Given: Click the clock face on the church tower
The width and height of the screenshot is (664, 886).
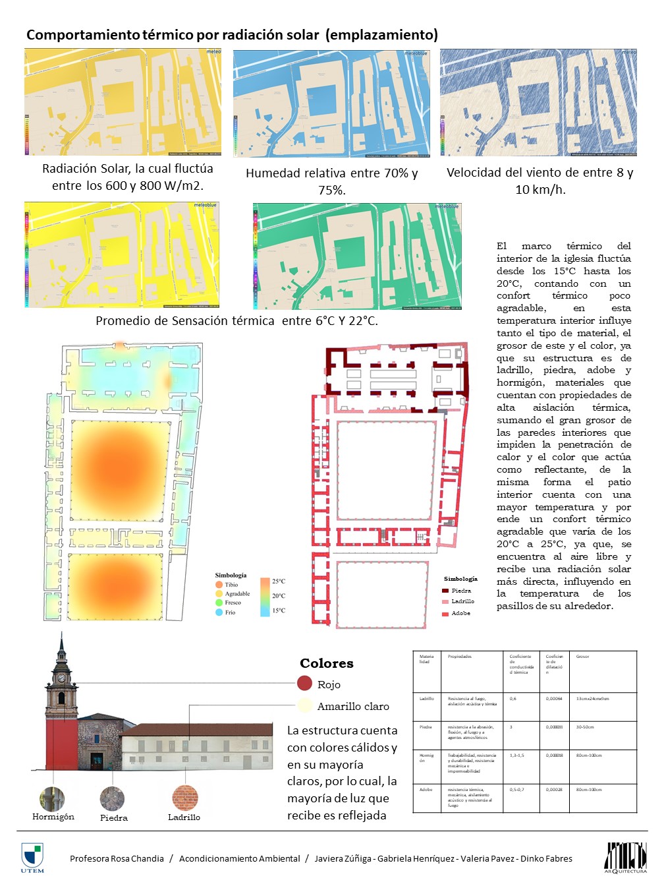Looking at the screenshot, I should [61, 677].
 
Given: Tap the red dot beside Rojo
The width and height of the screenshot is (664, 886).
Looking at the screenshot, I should [304, 684].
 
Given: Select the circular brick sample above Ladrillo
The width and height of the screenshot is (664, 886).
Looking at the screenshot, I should [184, 798].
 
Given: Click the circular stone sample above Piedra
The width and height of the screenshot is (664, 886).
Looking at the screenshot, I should [112, 799].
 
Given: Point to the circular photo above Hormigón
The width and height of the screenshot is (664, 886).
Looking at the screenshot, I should [52, 799].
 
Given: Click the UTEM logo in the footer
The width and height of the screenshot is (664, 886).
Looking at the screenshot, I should [32, 856].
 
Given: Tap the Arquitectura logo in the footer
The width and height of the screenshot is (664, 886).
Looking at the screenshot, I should [626, 857].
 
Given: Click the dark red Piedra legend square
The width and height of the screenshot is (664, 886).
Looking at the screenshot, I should [445, 591].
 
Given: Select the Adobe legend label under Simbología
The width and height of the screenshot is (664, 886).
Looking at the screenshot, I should [461, 613].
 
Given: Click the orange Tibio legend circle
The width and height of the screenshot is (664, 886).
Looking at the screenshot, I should [219, 585].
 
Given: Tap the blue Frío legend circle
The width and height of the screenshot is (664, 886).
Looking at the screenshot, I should [219, 612].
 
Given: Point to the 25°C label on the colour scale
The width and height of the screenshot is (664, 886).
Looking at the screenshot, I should [279, 581].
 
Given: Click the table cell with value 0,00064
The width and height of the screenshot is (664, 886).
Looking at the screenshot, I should [554, 699].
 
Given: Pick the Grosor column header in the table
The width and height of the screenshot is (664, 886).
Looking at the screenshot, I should [583, 657].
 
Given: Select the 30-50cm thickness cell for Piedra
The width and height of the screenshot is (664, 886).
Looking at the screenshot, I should [585, 727].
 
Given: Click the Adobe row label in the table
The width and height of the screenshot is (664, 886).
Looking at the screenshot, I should [426, 789].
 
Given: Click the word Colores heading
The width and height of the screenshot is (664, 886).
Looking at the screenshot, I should [327, 663].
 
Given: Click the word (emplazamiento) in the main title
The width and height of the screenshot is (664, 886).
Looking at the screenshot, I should [381, 35].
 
